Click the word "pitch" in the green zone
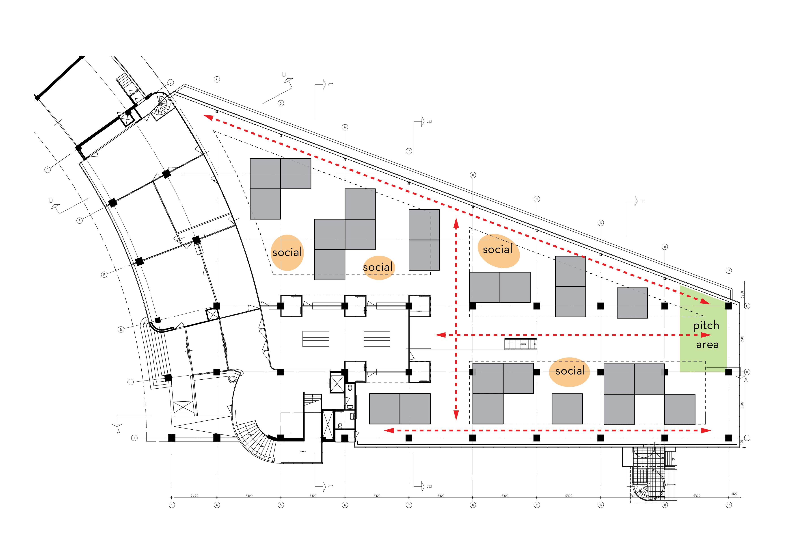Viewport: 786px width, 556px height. coord(706,325)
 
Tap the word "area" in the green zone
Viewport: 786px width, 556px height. coord(707,344)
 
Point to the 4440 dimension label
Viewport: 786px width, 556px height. coord(194,495)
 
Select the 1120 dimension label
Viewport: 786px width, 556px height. coord(734,494)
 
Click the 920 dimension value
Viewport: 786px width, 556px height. coord(742,442)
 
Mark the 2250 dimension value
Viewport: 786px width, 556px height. coord(742,294)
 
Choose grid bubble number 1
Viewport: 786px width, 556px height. coord(172,505)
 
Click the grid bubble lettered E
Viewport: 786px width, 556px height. coord(79,221)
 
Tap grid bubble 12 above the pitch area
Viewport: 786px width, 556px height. coord(728,270)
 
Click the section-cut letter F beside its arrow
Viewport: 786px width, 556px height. coord(643,201)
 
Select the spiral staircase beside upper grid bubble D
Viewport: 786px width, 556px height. coord(161,104)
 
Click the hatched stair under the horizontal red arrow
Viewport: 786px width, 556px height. coord(520,344)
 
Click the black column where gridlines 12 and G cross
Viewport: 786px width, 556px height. coord(728,306)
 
